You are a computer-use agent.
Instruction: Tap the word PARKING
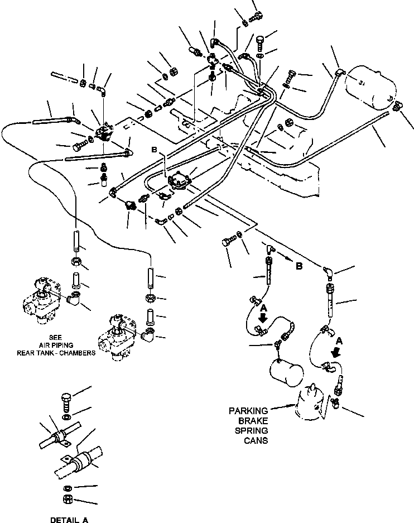[x=248, y=410]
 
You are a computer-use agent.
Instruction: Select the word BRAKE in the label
[x=254, y=420]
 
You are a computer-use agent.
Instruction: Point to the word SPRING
[x=254, y=430]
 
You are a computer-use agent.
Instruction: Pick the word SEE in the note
[x=55, y=337]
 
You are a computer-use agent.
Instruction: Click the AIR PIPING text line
[x=55, y=344]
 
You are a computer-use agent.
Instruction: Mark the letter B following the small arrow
[x=299, y=266]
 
